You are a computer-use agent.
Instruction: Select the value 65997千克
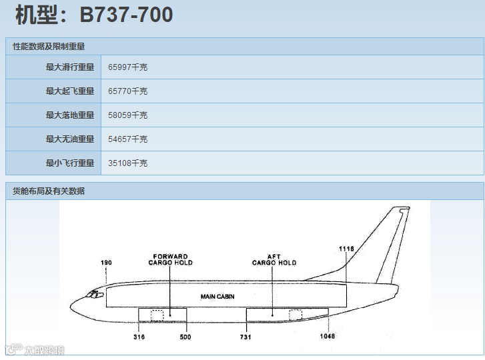127,67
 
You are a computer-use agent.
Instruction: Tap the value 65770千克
127,91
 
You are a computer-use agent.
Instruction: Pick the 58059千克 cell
127,115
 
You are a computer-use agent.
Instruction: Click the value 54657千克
127,139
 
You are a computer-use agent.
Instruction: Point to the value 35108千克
127,163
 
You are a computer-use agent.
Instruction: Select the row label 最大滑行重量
70,67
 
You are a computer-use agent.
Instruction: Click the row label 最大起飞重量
70,91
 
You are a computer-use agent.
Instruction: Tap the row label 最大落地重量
70,115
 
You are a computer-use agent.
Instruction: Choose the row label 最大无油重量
70,139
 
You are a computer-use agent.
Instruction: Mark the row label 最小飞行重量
70,163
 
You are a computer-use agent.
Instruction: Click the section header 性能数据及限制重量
49,47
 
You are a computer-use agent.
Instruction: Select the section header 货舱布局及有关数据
49,191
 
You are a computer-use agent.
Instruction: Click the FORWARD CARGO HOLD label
170,259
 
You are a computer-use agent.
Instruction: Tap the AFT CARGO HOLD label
274,259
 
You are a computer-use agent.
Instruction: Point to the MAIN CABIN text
217,296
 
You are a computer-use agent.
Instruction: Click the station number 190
106,263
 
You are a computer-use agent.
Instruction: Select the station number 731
246,337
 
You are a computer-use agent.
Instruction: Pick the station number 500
185,337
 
